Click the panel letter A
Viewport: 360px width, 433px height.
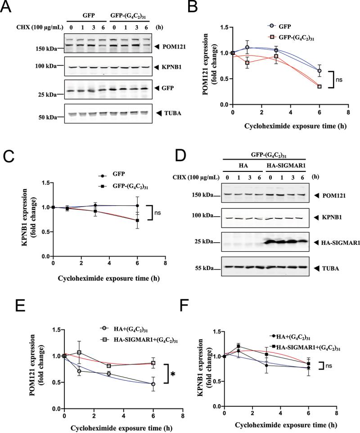(8, 8)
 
